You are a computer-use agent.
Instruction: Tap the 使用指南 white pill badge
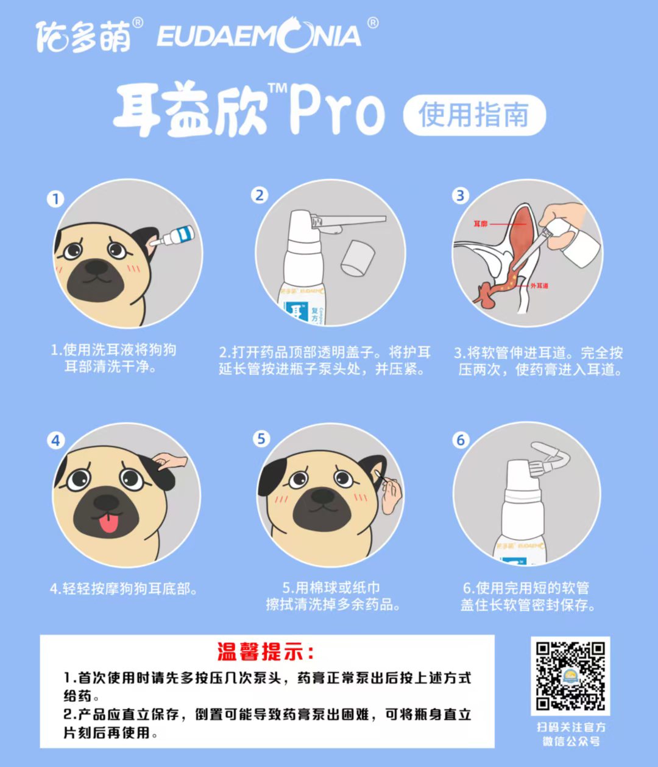[x=474, y=115]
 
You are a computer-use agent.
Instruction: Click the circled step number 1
[x=55, y=199]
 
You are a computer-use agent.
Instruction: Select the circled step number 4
[x=55, y=441]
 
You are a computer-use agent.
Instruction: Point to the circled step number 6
[x=461, y=440]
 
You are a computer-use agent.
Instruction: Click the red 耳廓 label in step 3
[x=481, y=224]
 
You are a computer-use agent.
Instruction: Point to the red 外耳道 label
[x=539, y=285]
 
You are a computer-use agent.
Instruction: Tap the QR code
[x=570, y=676]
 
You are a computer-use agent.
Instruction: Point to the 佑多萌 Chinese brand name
[x=83, y=37]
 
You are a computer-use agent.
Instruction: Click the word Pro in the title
[x=337, y=111]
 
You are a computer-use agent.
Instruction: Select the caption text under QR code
[x=571, y=734]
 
